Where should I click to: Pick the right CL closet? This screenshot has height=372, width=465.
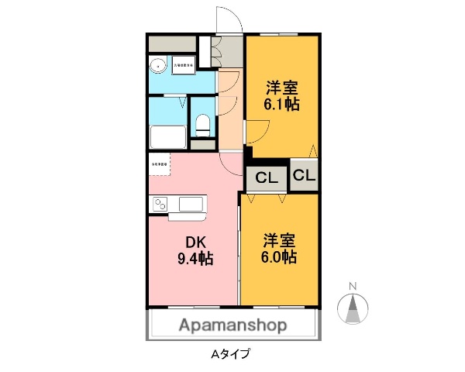coord(305,175)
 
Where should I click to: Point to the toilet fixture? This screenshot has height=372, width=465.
coord(202,123)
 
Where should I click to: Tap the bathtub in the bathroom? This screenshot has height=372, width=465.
coord(167,138)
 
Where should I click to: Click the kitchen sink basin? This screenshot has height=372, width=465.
coord(191,205)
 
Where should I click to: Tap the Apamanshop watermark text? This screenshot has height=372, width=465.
coord(233,325)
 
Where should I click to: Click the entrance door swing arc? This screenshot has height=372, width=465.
coord(229,23)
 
